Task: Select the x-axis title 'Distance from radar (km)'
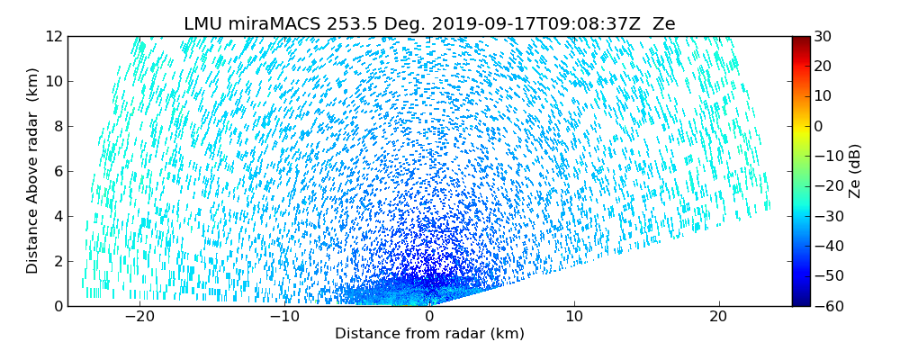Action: coord(429,334)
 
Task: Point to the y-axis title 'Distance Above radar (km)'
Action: coord(33,170)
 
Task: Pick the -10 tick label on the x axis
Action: coord(284,317)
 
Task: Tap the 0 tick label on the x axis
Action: coord(429,317)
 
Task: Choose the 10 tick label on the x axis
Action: coord(574,317)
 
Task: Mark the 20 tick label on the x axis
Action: coord(718,317)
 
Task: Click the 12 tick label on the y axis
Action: coord(53,37)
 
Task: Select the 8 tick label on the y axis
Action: coord(57,127)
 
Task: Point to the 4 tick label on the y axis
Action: coord(57,216)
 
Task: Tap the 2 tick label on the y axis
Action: coord(57,261)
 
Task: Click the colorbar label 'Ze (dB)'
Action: coord(855,170)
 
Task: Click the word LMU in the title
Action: coord(203,24)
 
